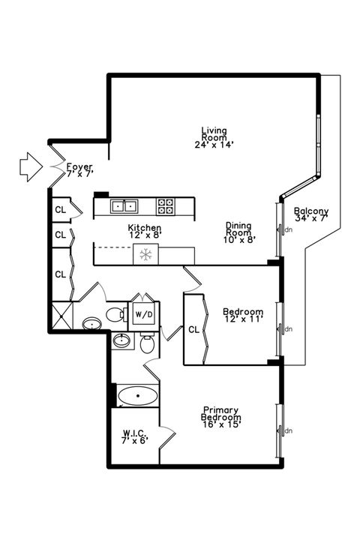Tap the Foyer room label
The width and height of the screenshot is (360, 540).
(x=79, y=169)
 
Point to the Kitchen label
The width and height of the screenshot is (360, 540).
(x=145, y=231)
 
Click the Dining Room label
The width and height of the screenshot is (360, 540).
(x=238, y=232)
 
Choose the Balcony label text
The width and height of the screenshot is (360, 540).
(x=310, y=214)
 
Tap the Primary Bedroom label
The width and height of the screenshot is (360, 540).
(x=220, y=417)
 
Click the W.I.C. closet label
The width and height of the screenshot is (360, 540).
(x=135, y=436)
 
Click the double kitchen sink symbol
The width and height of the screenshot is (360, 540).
(x=124, y=205)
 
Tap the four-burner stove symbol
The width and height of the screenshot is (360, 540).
(x=166, y=204)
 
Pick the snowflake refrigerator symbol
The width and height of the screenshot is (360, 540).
(x=145, y=255)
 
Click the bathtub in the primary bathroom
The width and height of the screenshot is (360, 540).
(x=138, y=395)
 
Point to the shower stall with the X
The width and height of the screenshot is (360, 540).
(x=63, y=313)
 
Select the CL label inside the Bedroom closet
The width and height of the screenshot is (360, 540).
(x=193, y=328)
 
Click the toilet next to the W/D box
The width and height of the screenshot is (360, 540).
(x=115, y=313)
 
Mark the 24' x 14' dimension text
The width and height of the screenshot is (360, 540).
(x=214, y=145)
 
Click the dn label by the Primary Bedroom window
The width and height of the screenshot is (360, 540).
(x=287, y=430)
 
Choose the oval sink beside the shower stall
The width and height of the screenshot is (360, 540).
(x=92, y=324)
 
